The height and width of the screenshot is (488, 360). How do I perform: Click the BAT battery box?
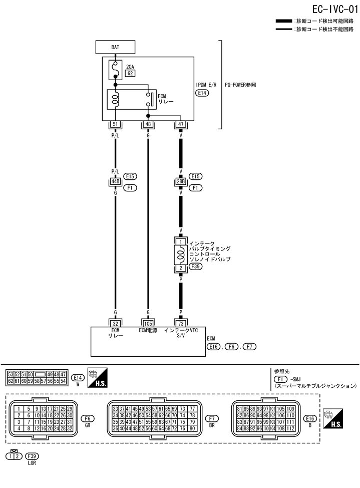pyautogui.click(x=115, y=48)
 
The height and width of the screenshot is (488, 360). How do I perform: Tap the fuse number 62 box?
pyautogui.click(x=130, y=73)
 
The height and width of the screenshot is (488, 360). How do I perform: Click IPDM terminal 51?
pyautogui.click(x=115, y=124)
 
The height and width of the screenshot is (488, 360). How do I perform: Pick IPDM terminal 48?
pyautogui.click(x=148, y=124)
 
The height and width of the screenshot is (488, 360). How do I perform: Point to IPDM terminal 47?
pyautogui.click(x=181, y=124)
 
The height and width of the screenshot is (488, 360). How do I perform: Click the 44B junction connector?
pyautogui.click(x=115, y=181)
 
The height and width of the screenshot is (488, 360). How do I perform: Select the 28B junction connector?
pyautogui.click(x=181, y=181)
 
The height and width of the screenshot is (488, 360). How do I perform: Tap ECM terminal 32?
pyautogui.click(x=115, y=323)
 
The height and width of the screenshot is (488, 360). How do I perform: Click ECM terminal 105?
pyautogui.click(x=148, y=323)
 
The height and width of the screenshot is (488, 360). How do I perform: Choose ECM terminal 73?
pyautogui.click(x=181, y=323)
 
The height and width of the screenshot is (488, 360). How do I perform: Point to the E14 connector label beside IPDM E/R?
pyautogui.click(x=202, y=93)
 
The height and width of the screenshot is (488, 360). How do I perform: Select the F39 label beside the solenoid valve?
pyautogui.click(x=195, y=267)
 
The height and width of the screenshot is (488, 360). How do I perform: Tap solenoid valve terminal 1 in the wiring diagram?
pyautogui.click(x=181, y=241)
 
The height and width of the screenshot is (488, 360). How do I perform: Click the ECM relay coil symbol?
pyautogui.click(x=115, y=98)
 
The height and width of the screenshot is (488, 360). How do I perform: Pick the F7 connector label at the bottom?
pyautogui.click(x=212, y=418)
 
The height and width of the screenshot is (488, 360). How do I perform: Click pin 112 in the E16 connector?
pyautogui.click(x=290, y=428)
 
